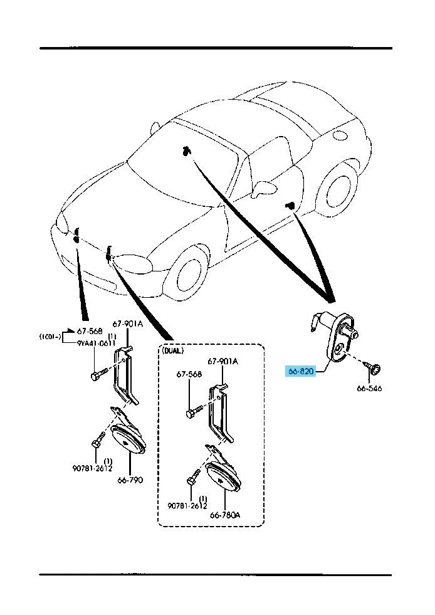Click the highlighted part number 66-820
pyautogui.click(x=301, y=371)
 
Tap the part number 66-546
pyautogui.click(x=370, y=389)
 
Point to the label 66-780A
pyautogui.click(x=226, y=515)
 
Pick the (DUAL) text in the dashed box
pyautogui.click(x=175, y=351)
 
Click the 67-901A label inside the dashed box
pyautogui.click(x=223, y=362)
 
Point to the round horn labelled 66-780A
pyautogui.click(x=222, y=478)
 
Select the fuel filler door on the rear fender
pyautogui.click(x=341, y=135)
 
